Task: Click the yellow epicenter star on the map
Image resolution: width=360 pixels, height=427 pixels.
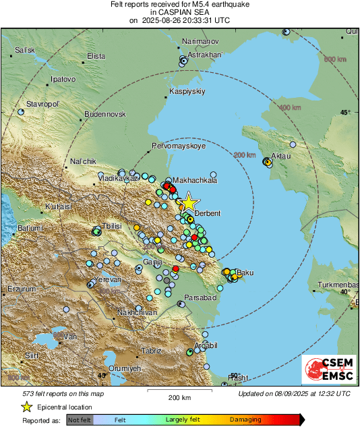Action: (x=189, y=202)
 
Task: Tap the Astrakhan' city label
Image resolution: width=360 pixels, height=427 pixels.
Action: (x=204, y=55)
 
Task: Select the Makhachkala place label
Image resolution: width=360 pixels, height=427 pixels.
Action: (x=195, y=180)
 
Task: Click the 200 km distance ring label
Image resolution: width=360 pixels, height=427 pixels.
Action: (x=245, y=155)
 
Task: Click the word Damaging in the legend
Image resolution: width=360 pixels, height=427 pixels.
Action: (x=245, y=419)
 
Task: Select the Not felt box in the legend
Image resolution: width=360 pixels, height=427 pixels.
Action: (x=80, y=419)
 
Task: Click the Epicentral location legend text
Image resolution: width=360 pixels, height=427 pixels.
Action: (x=65, y=407)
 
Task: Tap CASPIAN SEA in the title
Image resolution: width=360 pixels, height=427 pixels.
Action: (x=179, y=12)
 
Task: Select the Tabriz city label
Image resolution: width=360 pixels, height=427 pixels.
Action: (x=151, y=351)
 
